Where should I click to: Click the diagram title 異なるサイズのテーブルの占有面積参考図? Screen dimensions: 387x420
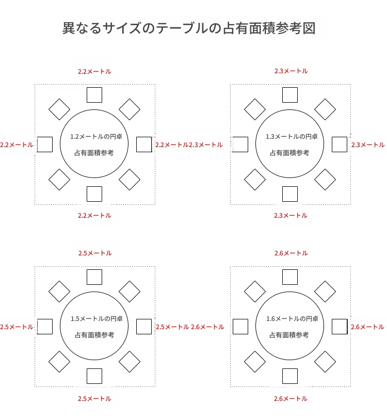tap(189, 28)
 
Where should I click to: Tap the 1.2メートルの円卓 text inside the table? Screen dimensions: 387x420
tap(96, 137)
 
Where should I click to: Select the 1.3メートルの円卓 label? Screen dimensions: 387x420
tap(292, 137)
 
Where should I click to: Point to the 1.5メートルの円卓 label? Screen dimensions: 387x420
tap(96, 319)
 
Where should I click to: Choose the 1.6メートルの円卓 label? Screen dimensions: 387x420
tap(292, 319)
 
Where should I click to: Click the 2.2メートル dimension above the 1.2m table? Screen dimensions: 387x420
tap(94, 72)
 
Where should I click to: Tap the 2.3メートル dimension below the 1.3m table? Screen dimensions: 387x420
tap(291, 216)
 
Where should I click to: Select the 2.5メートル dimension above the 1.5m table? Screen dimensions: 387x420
tap(95, 253)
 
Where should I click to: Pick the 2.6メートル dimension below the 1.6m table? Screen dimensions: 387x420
tap(291, 399)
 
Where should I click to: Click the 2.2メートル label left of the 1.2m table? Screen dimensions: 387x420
tap(17, 145)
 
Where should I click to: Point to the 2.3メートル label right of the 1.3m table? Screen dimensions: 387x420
tap(368, 145)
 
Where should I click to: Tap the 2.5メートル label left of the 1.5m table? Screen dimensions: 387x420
tap(17, 327)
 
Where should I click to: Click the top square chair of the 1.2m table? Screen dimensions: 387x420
tap(94, 95)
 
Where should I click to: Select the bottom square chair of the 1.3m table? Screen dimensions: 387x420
tap(290, 194)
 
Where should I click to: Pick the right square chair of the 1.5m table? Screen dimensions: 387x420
tap(144, 327)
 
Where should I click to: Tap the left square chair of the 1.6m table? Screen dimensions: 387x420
tap(240, 327)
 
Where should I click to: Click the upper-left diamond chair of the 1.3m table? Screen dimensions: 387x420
tap(255, 109)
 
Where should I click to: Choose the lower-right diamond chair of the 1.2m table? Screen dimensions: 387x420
tap(130, 180)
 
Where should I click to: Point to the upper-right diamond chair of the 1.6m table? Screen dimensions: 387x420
tap(325, 292)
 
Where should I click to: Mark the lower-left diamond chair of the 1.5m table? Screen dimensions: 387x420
tap(59, 362)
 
